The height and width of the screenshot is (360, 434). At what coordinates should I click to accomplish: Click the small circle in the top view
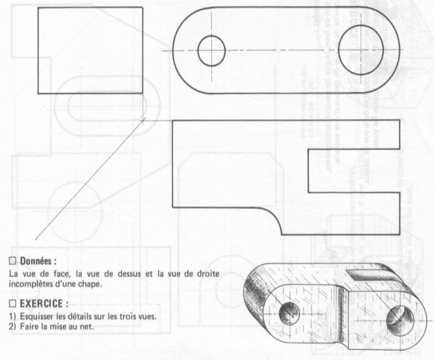tap(212, 51)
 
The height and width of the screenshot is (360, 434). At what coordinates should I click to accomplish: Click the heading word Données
tap(37, 260)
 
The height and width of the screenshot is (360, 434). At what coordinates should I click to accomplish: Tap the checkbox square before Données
tap(11, 260)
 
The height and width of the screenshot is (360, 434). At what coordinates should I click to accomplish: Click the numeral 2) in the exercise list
tap(11, 328)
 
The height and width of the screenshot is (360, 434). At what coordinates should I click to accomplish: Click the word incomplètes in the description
tap(31, 283)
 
